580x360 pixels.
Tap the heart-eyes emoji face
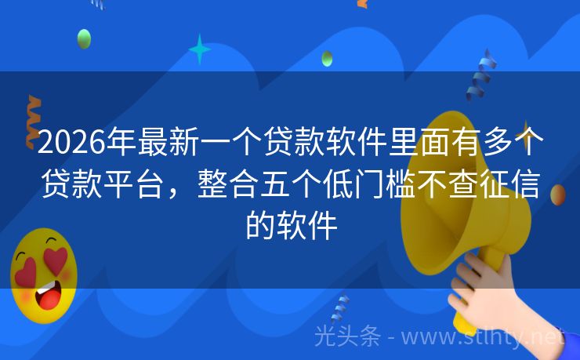[x=43, y=275]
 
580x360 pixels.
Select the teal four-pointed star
[x=200, y=49]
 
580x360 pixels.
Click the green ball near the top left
[x=84, y=38]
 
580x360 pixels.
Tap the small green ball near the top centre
[x=327, y=58]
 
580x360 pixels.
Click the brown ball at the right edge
[x=558, y=195]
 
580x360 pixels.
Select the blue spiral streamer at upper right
[x=480, y=75]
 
